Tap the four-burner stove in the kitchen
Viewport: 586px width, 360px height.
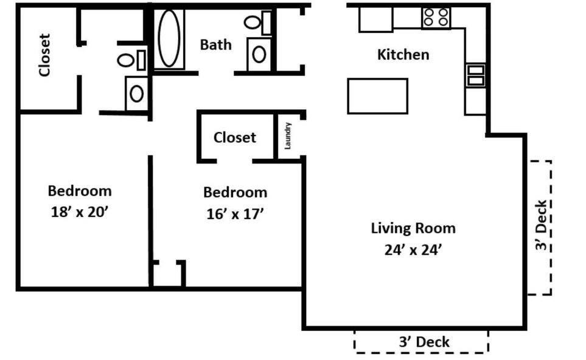coord(436,18)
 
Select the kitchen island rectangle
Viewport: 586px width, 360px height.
coord(377,96)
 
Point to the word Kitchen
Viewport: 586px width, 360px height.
coord(403,55)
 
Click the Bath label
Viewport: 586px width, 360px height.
coord(215,44)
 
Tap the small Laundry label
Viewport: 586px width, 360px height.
coord(288,136)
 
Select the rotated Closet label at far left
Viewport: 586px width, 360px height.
coord(44,55)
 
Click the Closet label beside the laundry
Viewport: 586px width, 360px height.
coord(234,137)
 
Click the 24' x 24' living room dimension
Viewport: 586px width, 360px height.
coord(413,250)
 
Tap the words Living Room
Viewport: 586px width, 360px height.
coord(413,229)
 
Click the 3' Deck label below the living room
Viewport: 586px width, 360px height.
coord(424,342)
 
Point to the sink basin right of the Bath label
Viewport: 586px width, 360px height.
coord(259,54)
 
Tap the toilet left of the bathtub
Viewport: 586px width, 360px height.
coord(131,60)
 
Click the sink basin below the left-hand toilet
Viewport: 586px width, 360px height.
coord(136,94)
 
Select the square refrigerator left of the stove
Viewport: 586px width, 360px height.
coord(375,18)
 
